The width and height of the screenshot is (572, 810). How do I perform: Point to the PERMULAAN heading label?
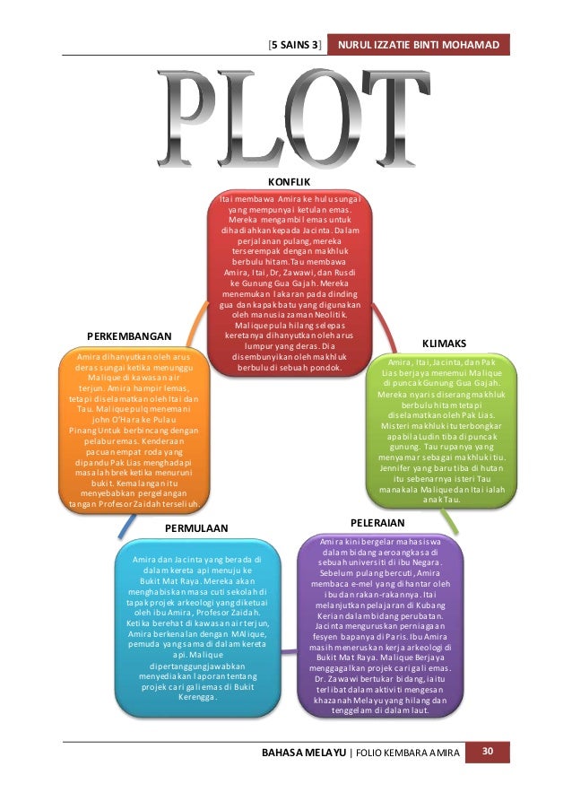click(196, 528)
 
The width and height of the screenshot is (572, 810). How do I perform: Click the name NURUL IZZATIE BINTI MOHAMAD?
click(419, 44)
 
